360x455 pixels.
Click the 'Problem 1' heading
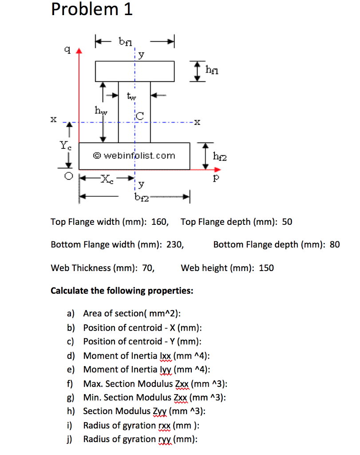pos(91,9)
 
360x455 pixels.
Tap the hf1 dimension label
pos(212,70)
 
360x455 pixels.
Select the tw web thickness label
pos(131,96)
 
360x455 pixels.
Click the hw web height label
pos(101,111)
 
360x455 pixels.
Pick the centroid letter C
pos(140,116)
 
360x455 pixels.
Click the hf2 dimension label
pos(220,156)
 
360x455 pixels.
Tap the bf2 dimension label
pos(142,197)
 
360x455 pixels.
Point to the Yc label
pos(65,145)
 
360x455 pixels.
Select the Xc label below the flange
pos(107,179)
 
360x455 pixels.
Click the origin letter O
pos(68,176)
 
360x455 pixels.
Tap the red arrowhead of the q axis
pos(79,51)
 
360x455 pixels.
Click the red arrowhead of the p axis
pos(218,169)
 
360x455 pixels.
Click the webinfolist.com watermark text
pos(134,156)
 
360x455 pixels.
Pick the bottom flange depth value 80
pos(335,245)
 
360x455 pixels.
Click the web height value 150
pos(266,268)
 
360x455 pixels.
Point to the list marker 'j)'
pos(69,439)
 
